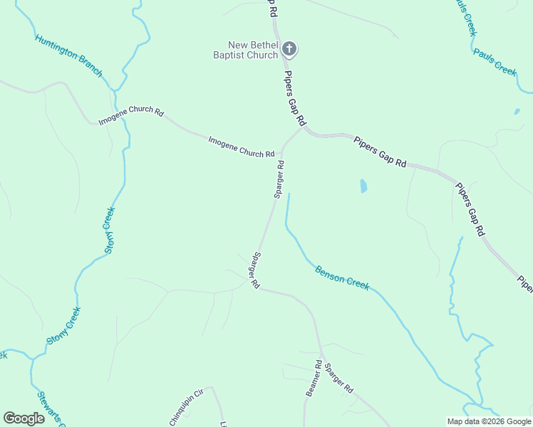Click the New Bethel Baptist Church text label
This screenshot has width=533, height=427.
click(247, 50)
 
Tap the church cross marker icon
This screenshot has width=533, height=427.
click(289, 49)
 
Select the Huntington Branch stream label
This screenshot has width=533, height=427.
click(68, 56)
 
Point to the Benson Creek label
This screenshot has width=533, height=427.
click(342, 277)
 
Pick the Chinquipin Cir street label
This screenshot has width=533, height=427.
click(187, 407)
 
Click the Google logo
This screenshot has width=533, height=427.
click(24, 418)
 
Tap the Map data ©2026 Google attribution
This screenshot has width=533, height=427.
click(489, 421)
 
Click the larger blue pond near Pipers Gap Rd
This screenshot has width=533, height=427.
click(363, 186)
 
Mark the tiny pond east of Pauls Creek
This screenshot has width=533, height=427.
click(517, 112)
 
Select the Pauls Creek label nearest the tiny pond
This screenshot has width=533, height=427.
click(495, 62)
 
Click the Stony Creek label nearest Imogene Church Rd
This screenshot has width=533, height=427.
click(110, 231)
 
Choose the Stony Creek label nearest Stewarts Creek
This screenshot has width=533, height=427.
click(63, 326)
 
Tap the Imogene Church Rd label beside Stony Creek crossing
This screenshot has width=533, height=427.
click(131, 117)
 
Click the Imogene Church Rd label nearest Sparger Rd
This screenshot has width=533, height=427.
click(241, 147)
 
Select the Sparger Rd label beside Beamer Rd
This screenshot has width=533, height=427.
click(338, 379)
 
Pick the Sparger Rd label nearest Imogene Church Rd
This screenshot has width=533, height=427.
click(279, 179)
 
